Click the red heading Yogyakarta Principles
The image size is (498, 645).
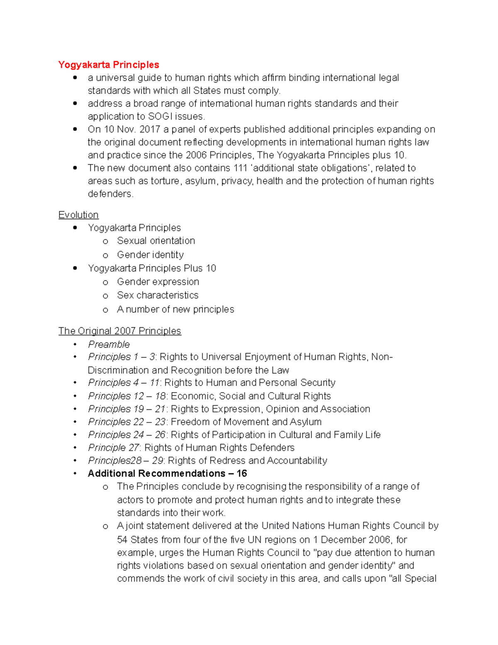coord(108,65)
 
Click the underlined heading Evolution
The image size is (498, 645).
coord(78,215)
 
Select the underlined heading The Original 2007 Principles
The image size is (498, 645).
coord(120,331)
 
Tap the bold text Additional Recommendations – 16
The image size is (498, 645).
coord(167,473)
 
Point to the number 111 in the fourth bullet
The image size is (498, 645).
coord(240,168)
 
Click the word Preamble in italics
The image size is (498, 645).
coord(109,344)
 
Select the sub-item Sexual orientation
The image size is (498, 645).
coord(156,241)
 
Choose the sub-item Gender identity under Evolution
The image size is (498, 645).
coord(150,255)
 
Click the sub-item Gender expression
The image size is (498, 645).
coord(158,282)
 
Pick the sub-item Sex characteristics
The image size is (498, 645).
coord(158,295)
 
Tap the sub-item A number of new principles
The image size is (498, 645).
coord(176,309)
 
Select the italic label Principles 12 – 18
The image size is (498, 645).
coord(127,396)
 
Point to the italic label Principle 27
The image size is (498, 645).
coord(114,448)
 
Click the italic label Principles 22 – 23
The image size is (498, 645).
coord(127,422)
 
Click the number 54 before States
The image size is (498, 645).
coord(122,540)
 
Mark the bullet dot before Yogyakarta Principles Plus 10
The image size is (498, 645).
coord(75,268)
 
